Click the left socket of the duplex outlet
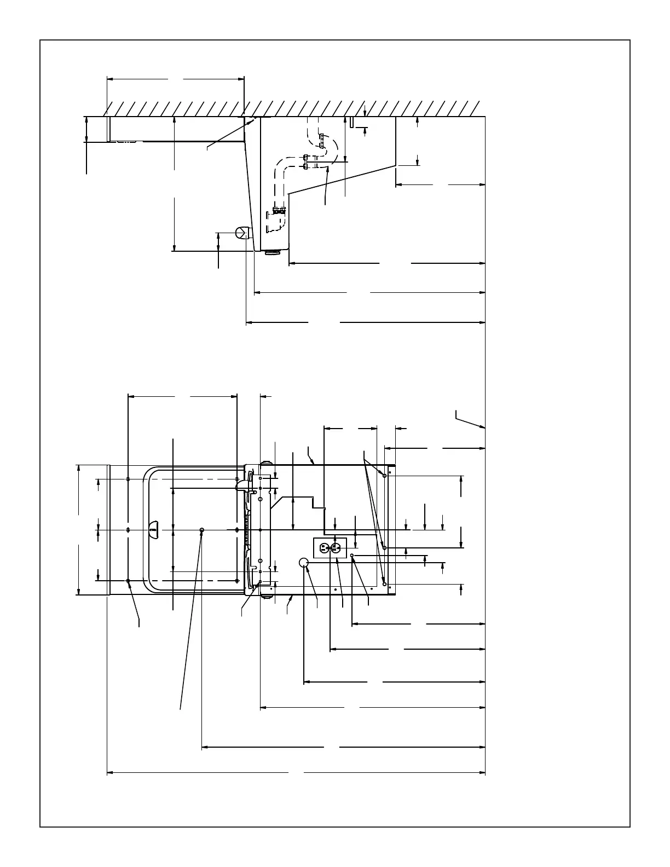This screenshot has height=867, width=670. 324,547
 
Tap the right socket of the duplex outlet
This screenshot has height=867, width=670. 336,547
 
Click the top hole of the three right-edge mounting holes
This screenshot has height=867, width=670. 385,476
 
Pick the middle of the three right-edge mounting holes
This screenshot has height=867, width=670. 385,547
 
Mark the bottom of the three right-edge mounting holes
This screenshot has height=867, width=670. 385,585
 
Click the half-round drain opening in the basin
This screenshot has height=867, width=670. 153,529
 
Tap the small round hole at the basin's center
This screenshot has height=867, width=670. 202,530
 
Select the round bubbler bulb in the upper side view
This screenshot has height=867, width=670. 241,233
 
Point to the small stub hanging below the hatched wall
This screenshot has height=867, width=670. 351,122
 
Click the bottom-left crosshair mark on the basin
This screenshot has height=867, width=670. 128,581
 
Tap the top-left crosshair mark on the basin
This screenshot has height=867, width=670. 128,479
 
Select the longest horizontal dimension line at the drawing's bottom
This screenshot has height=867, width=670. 296,773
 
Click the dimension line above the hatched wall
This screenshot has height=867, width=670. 175,79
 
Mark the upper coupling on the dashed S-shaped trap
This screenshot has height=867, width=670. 323,142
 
